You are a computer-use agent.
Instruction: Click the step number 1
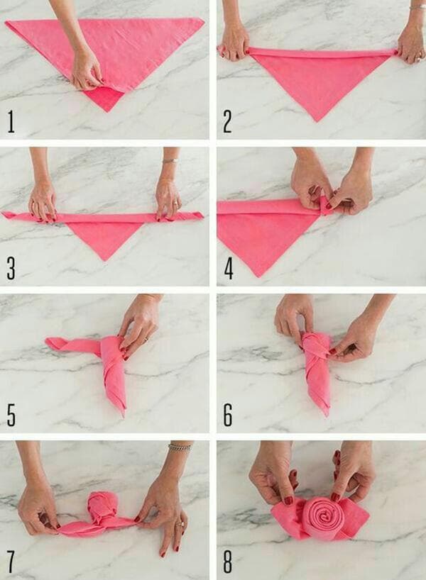[x=11, y=121]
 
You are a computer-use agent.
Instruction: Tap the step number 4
[x=228, y=268]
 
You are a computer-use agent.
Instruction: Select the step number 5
[x=11, y=415]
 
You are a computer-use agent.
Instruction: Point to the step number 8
[x=228, y=562]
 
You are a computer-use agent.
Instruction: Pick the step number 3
[x=11, y=268]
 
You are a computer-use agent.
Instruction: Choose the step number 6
[x=228, y=415]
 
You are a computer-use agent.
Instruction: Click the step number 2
[x=228, y=121]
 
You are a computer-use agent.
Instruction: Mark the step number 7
[x=11, y=562]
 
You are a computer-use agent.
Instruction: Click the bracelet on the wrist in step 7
[x=180, y=447]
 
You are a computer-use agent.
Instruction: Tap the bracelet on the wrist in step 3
[x=169, y=161]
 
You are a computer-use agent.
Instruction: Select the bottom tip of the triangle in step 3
[x=104, y=259]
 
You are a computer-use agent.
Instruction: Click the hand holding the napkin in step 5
[x=140, y=323]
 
